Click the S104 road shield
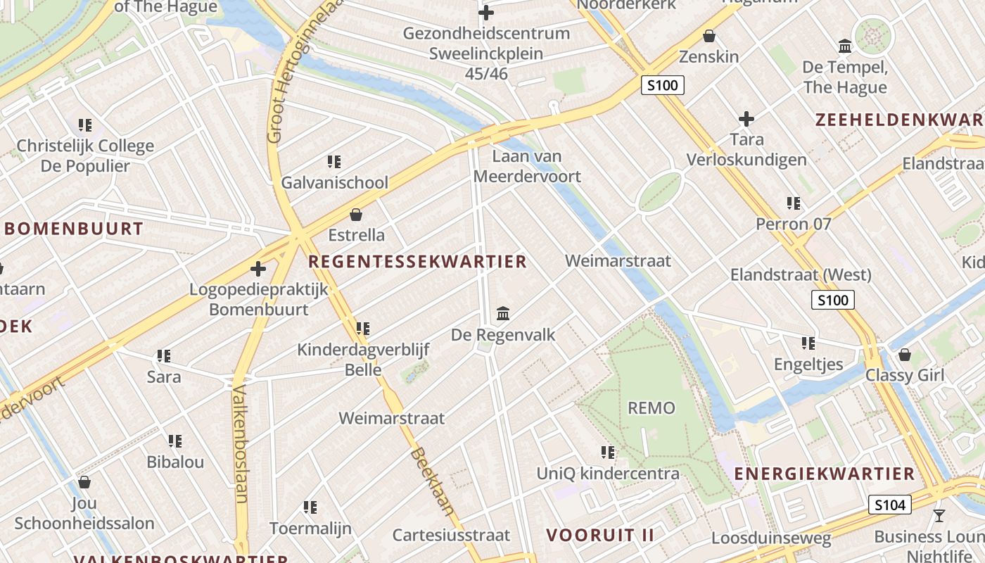pyautogui.click(x=890, y=504)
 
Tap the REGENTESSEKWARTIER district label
pyautogui.click(x=417, y=262)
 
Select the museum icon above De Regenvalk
pyautogui.click(x=503, y=313)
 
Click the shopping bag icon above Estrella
pyautogui.click(x=357, y=214)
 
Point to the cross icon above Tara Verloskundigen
pyautogui.click(x=746, y=118)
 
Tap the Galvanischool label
pyautogui.click(x=334, y=183)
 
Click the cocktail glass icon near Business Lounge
pyautogui.click(x=939, y=516)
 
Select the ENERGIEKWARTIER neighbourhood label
pyautogui.click(x=825, y=474)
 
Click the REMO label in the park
pyautogui.click(x=651, y=408)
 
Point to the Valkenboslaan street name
pyautogui.click(x=241, y=443)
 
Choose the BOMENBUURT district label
pyautogui.click(x=74, y=229)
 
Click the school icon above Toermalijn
pyautogui.click(x=310, y=507)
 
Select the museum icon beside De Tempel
pyautogui.click(x=845, y=46)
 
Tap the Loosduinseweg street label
pyautogui.click(x=771, y=539)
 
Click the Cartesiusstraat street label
pyautogui.click(x=451, y=535)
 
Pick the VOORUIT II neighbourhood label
pyautogui.click(x=600, y=535)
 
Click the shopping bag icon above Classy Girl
pyautogui.click(x=905, y=354)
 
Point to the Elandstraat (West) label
pyautogui.click(x=801, y=274)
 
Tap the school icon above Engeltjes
pyautogui.click(x=808, y=343)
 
